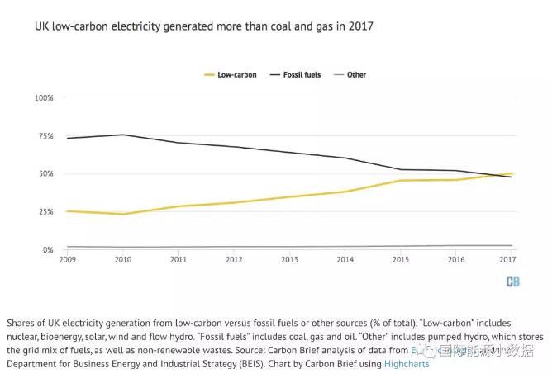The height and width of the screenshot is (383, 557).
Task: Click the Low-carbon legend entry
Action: (x=231, y=75)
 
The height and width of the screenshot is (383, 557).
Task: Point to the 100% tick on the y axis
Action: (x=44, y=97)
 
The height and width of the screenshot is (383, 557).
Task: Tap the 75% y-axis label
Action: (x=45, y=135)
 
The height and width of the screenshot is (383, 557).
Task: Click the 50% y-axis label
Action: (x=45, y=173)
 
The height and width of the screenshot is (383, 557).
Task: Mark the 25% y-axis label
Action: (x=45, y=211)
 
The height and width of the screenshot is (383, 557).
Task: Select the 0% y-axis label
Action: (x=48, y=249)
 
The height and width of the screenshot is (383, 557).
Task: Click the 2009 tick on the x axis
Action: (x=67, y=259)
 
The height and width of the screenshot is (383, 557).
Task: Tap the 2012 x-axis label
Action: (x=235, y=259)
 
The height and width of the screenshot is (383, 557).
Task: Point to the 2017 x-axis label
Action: (x=509, y=259)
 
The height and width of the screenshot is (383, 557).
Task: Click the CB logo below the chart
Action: (x=512, y=281)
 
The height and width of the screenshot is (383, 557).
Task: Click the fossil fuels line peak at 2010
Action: (x=123, y=135)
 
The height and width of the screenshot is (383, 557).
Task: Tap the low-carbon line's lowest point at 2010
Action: (x=123, y=214)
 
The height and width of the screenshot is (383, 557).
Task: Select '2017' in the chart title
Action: (x=361, y=26)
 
